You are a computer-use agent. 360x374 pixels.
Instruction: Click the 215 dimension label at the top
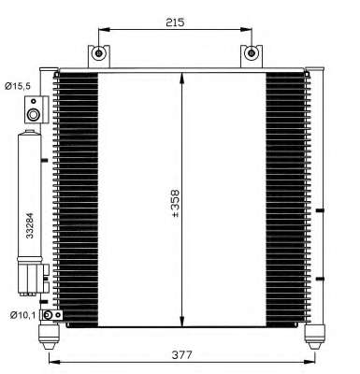point(175,22)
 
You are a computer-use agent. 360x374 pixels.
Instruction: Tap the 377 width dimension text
point(182,354)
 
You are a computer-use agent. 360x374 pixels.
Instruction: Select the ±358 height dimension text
point(176,203)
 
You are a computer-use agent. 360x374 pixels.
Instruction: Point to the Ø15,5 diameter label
point(18,86)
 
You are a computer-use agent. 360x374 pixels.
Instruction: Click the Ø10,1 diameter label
point(22,316)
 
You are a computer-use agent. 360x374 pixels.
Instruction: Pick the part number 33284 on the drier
point(30,225)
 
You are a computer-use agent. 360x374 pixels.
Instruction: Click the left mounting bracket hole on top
point(98,53)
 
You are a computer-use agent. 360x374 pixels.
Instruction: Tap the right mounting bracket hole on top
point(251,53)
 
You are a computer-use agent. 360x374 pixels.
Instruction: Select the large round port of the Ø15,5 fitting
point(33,115)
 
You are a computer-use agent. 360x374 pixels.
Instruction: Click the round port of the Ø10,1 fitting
point(48,315)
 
